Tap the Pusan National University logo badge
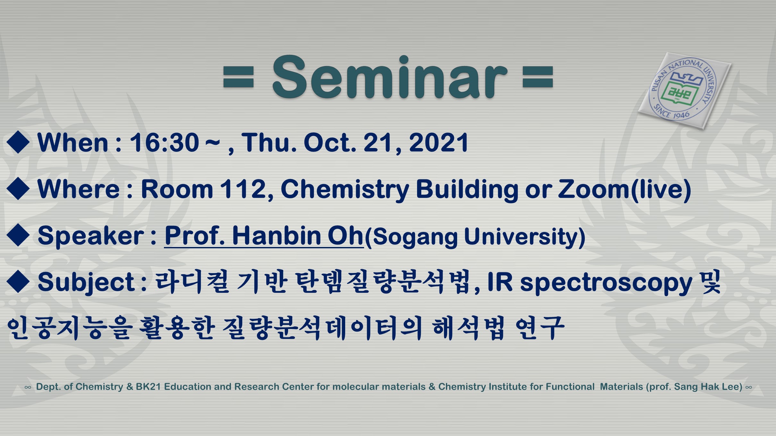[684, 91]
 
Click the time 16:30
[164, 143]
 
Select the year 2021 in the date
[439, 143]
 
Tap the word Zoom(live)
[625, 190]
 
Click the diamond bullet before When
[18, 142]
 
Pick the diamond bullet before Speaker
[18, 235]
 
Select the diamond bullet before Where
[18, 188]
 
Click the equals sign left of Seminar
[239, 77]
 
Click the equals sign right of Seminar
[538, 77]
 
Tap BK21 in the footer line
[148, 387]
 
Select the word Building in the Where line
[467, 190]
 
